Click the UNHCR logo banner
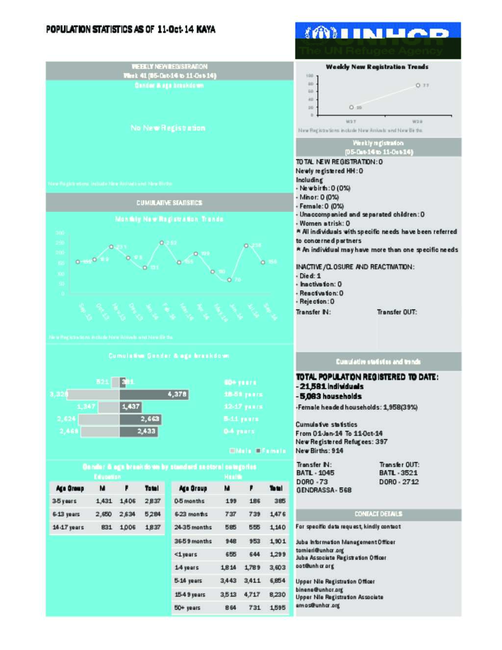(377, 40)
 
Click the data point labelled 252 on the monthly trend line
(161, 243)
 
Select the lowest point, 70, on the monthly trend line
(229, 280)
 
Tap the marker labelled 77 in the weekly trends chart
(418, 85)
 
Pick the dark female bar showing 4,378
(154, 394)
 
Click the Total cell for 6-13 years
(152, 514)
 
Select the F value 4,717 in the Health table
(252, 594)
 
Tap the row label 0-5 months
(189, 501)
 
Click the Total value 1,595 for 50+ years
(277, 607)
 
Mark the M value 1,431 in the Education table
(103, 501)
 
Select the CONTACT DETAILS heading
(378, 514)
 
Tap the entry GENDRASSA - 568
(324, 490)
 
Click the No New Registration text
(168, 128)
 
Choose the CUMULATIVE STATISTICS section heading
(169, 203)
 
